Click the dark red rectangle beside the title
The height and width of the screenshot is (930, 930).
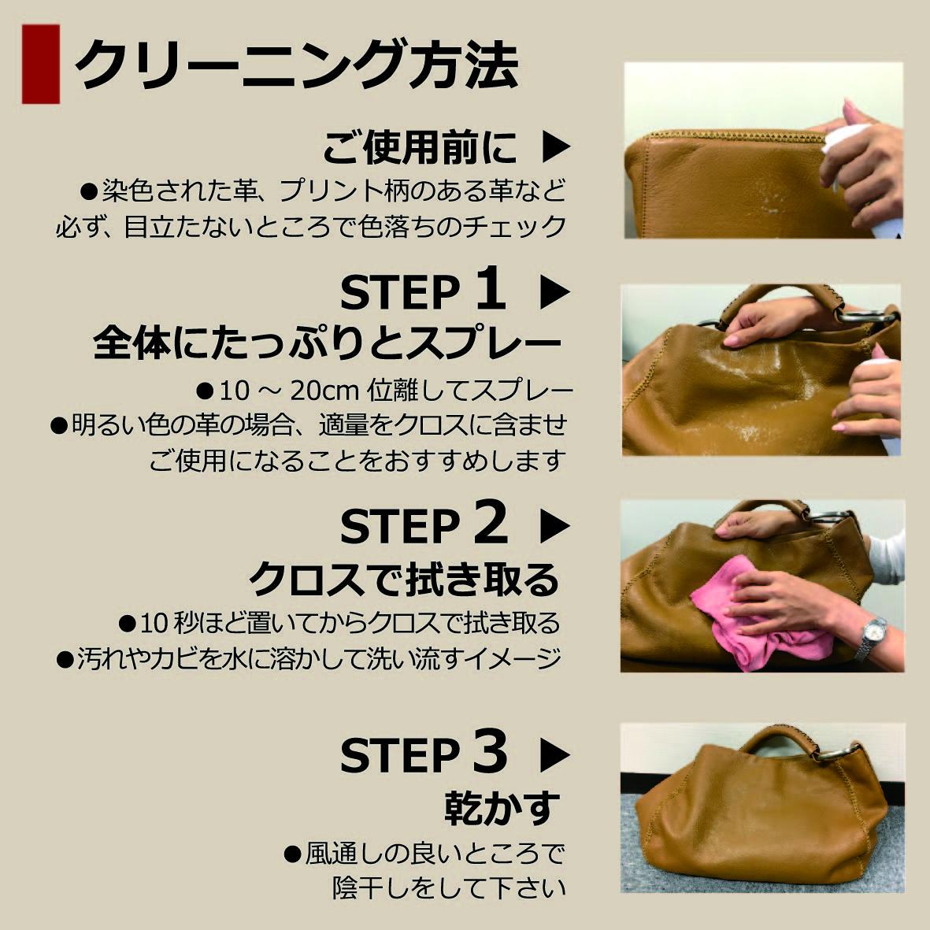point(41,64)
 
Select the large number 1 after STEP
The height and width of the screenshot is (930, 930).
point(489,290)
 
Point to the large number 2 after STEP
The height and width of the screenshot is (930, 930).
point(490,524)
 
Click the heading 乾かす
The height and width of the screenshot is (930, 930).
point(502,808)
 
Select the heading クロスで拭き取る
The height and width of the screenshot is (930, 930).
point(403,580)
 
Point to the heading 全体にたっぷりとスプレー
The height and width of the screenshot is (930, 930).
point(327,343)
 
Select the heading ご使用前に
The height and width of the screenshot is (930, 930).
point(420,147)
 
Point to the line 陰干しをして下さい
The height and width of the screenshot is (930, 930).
point(449,887)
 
